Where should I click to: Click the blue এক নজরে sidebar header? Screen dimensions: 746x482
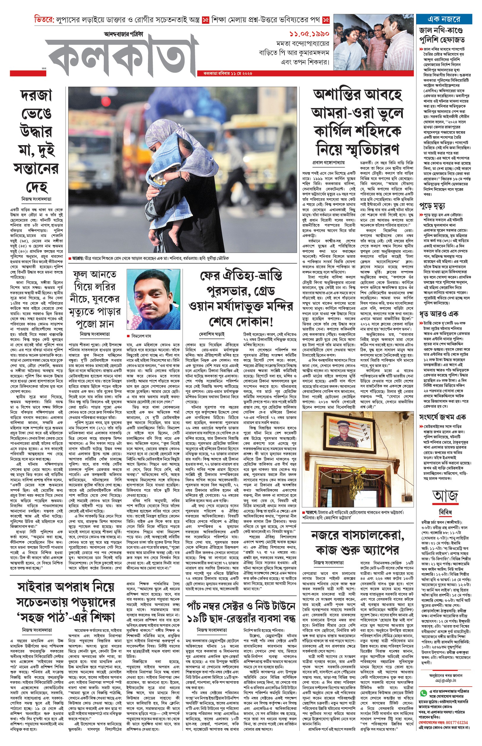443,19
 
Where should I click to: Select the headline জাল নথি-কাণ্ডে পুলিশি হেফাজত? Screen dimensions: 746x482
442,35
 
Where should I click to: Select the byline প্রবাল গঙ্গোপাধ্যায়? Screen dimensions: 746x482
328,163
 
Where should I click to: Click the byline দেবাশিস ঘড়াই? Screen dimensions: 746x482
212,334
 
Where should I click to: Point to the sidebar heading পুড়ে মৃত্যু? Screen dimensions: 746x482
432,205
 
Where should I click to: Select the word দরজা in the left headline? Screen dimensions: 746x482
36,95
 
